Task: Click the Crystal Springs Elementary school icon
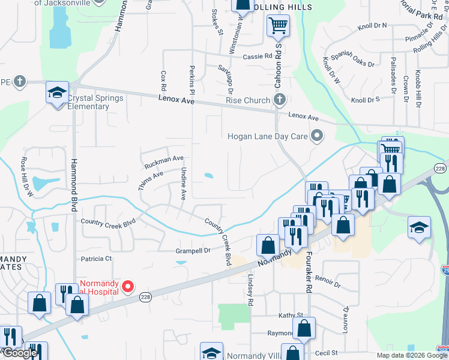point(57,94)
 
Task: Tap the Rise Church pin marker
point(279,100)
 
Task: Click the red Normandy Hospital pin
point(127,286)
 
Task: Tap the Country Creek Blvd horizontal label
point(109,223)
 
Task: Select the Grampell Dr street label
point(193,250)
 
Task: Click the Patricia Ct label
point(97,259)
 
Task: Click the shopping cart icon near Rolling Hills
point(278,26)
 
